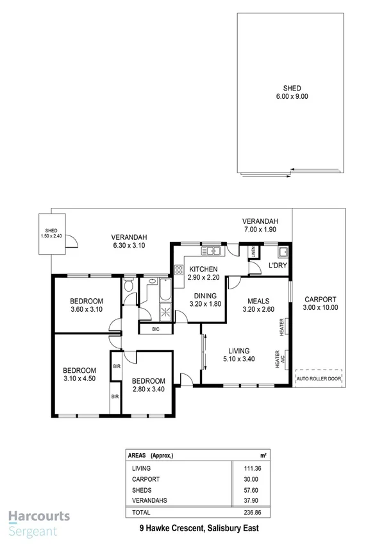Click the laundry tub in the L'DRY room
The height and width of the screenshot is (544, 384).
coord(283,250)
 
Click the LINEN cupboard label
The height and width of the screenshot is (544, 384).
coord(254,252)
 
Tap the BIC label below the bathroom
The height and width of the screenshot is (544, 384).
coord(156,329)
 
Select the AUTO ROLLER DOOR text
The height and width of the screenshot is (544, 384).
coord(319,379)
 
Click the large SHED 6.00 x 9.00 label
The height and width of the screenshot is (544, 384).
coord(292,92)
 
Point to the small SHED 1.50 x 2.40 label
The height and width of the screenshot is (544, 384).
coord(51,234)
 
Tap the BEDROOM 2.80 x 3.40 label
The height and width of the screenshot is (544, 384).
coord(148,384)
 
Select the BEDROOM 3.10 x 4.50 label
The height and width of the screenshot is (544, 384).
coord(79,374)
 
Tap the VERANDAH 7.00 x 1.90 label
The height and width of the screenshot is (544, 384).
coord(260,225)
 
